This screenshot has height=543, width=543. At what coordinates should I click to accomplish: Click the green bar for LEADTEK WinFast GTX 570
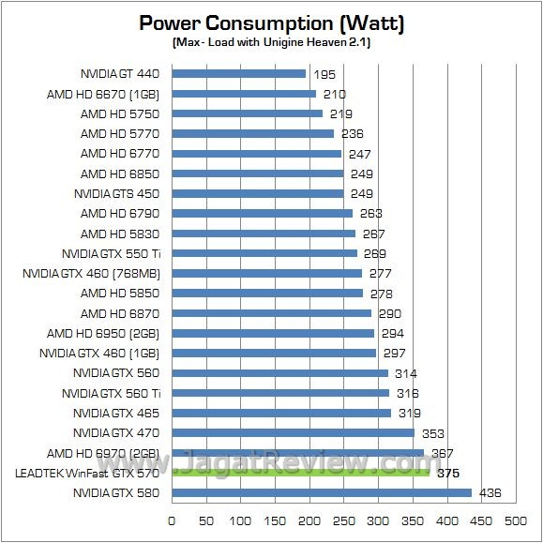pyautogui.click(x=300, y=473)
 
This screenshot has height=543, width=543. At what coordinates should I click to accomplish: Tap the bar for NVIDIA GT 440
pyautogui.click(x=239, y=74)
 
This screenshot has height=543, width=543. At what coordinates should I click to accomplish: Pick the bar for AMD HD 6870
pyautogui.click(x=271, y=313)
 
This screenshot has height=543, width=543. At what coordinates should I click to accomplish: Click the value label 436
pyautogui.click(x=490, y=493)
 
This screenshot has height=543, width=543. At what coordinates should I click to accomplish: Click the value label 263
pyautogui.click(x=371, y=214)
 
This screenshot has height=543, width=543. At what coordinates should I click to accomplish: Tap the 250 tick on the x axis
pyautogui.click(x=343, y=519)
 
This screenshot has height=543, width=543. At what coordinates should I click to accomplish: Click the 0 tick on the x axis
pyautogui.click(x=172, y=519)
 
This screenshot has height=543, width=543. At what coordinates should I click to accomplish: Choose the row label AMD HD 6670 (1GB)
pyautogui.click(x=103, y=94)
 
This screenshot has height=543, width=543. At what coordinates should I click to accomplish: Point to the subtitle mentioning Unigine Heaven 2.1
pyautogui.click(x=271, y=43)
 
